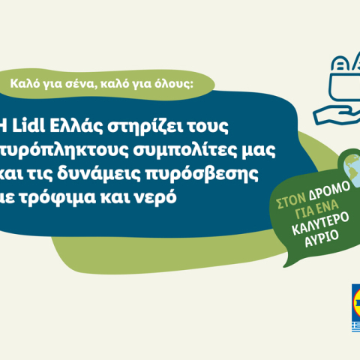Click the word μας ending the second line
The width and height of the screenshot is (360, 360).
click(262, 148)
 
